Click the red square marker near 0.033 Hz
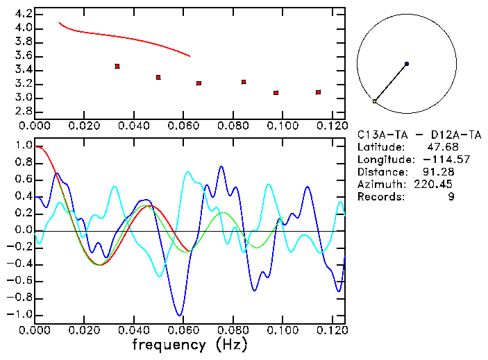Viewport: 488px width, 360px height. pos(117,66)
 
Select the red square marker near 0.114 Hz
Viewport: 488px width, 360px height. pos(318,92)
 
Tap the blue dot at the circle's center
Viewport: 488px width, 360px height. pos(406,64)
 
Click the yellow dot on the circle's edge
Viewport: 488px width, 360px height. pos(375,101)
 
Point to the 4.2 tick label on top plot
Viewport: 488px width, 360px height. pos(24,14)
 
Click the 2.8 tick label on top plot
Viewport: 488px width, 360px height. pos(24,112)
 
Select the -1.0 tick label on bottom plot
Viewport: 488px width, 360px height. pos(19,314)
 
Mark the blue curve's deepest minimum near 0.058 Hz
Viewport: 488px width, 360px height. pos(180,315)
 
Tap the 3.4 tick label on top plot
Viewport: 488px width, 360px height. pos(24,70)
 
